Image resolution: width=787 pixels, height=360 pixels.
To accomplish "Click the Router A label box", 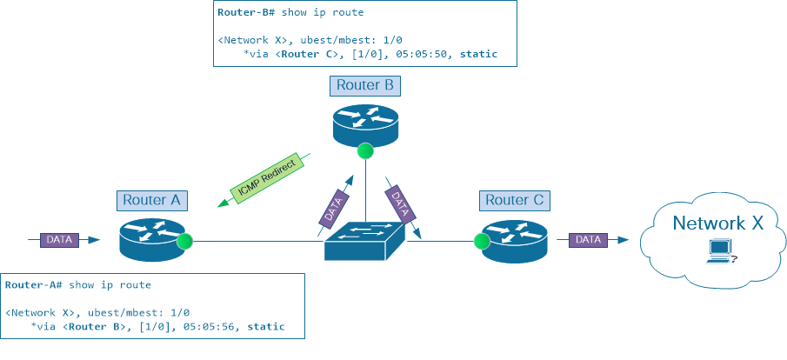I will (x=151, y=199).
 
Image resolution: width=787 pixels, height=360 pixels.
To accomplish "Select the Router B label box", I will (x=365, y=85).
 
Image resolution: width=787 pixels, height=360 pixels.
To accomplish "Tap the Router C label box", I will (x=512, y=200).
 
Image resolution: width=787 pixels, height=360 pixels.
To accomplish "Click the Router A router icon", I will (x=153, y=238).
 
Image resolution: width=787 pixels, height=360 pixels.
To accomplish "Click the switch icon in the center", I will (x=365, y=239).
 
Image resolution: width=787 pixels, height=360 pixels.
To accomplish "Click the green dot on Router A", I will (x=183, y=241).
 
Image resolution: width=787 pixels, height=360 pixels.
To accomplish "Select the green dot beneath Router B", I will (x=365, y=150).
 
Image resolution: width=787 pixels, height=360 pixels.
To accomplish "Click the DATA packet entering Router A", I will (x=59, y=238).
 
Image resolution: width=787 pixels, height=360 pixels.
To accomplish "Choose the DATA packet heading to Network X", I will (x=588, y=238).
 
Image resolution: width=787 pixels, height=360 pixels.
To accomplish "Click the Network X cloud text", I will (x=718, y=223).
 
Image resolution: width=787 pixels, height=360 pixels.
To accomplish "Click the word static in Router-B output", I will (x=478, y=54).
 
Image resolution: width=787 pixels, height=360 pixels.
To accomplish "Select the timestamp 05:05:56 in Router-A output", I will (x=210, y=327).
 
